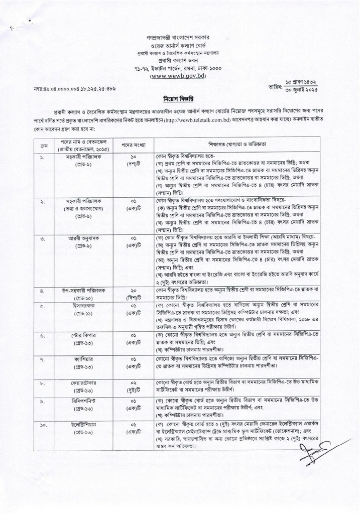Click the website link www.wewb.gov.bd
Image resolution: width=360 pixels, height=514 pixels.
coord(180,76)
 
